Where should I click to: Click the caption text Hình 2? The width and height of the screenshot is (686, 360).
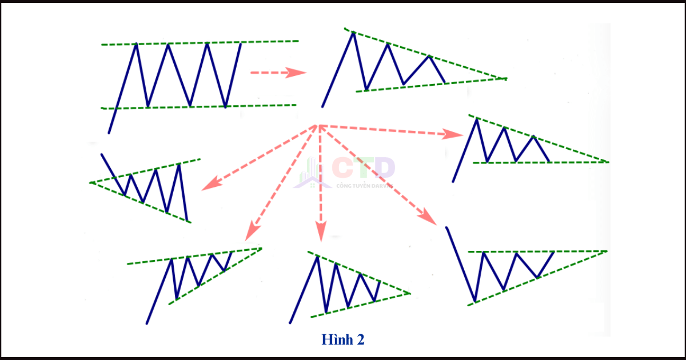343,339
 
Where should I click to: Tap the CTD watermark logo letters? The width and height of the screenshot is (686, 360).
363,168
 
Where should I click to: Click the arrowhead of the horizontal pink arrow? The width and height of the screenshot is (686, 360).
298,73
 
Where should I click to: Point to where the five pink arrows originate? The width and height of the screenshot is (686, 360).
317,125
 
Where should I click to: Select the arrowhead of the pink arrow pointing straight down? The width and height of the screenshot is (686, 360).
320,231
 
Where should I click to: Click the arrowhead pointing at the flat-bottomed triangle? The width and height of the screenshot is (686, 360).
455,134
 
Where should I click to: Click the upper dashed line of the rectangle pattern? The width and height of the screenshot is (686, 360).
200,43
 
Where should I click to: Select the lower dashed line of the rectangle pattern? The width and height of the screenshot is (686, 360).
200,106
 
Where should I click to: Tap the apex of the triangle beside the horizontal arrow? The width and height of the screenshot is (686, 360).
505,78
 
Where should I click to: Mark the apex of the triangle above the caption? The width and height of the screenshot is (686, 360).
410,293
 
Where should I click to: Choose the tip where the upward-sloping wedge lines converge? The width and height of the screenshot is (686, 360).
261,247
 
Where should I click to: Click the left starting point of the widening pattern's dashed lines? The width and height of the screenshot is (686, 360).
90,182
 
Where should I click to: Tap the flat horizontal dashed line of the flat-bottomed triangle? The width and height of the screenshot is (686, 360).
543,162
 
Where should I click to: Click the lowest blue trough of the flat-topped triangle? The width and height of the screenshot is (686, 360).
475,301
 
